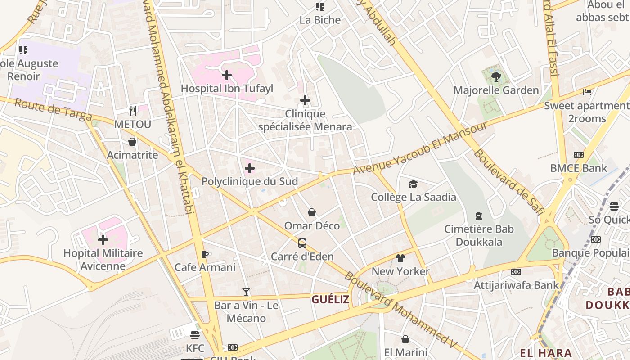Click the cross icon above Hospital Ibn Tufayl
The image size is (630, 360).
point(227,75)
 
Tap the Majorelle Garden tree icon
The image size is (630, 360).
point(496,76)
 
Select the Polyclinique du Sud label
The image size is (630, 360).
point(250,181)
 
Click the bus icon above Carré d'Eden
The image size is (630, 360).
point(302,243)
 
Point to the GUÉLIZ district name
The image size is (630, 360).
point(330,299)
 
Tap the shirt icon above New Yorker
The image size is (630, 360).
point(400,258)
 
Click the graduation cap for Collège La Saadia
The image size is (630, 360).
point(413,184)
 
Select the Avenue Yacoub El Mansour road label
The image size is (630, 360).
point(420,148)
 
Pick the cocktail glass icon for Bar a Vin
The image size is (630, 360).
point(246,292)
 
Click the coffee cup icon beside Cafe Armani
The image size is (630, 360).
point(205,254)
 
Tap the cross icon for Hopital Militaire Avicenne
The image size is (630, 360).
point(103,239)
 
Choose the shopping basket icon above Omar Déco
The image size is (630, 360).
point(311,212)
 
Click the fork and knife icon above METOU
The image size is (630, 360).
point(132,111)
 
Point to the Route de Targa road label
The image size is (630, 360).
point(53,110)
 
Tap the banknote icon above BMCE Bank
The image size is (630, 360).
point(579,155)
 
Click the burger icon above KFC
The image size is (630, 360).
point(195,335)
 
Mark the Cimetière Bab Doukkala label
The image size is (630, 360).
point(479,235)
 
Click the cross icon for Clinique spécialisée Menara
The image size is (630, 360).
point(305,100)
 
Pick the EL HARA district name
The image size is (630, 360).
point(546,353)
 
